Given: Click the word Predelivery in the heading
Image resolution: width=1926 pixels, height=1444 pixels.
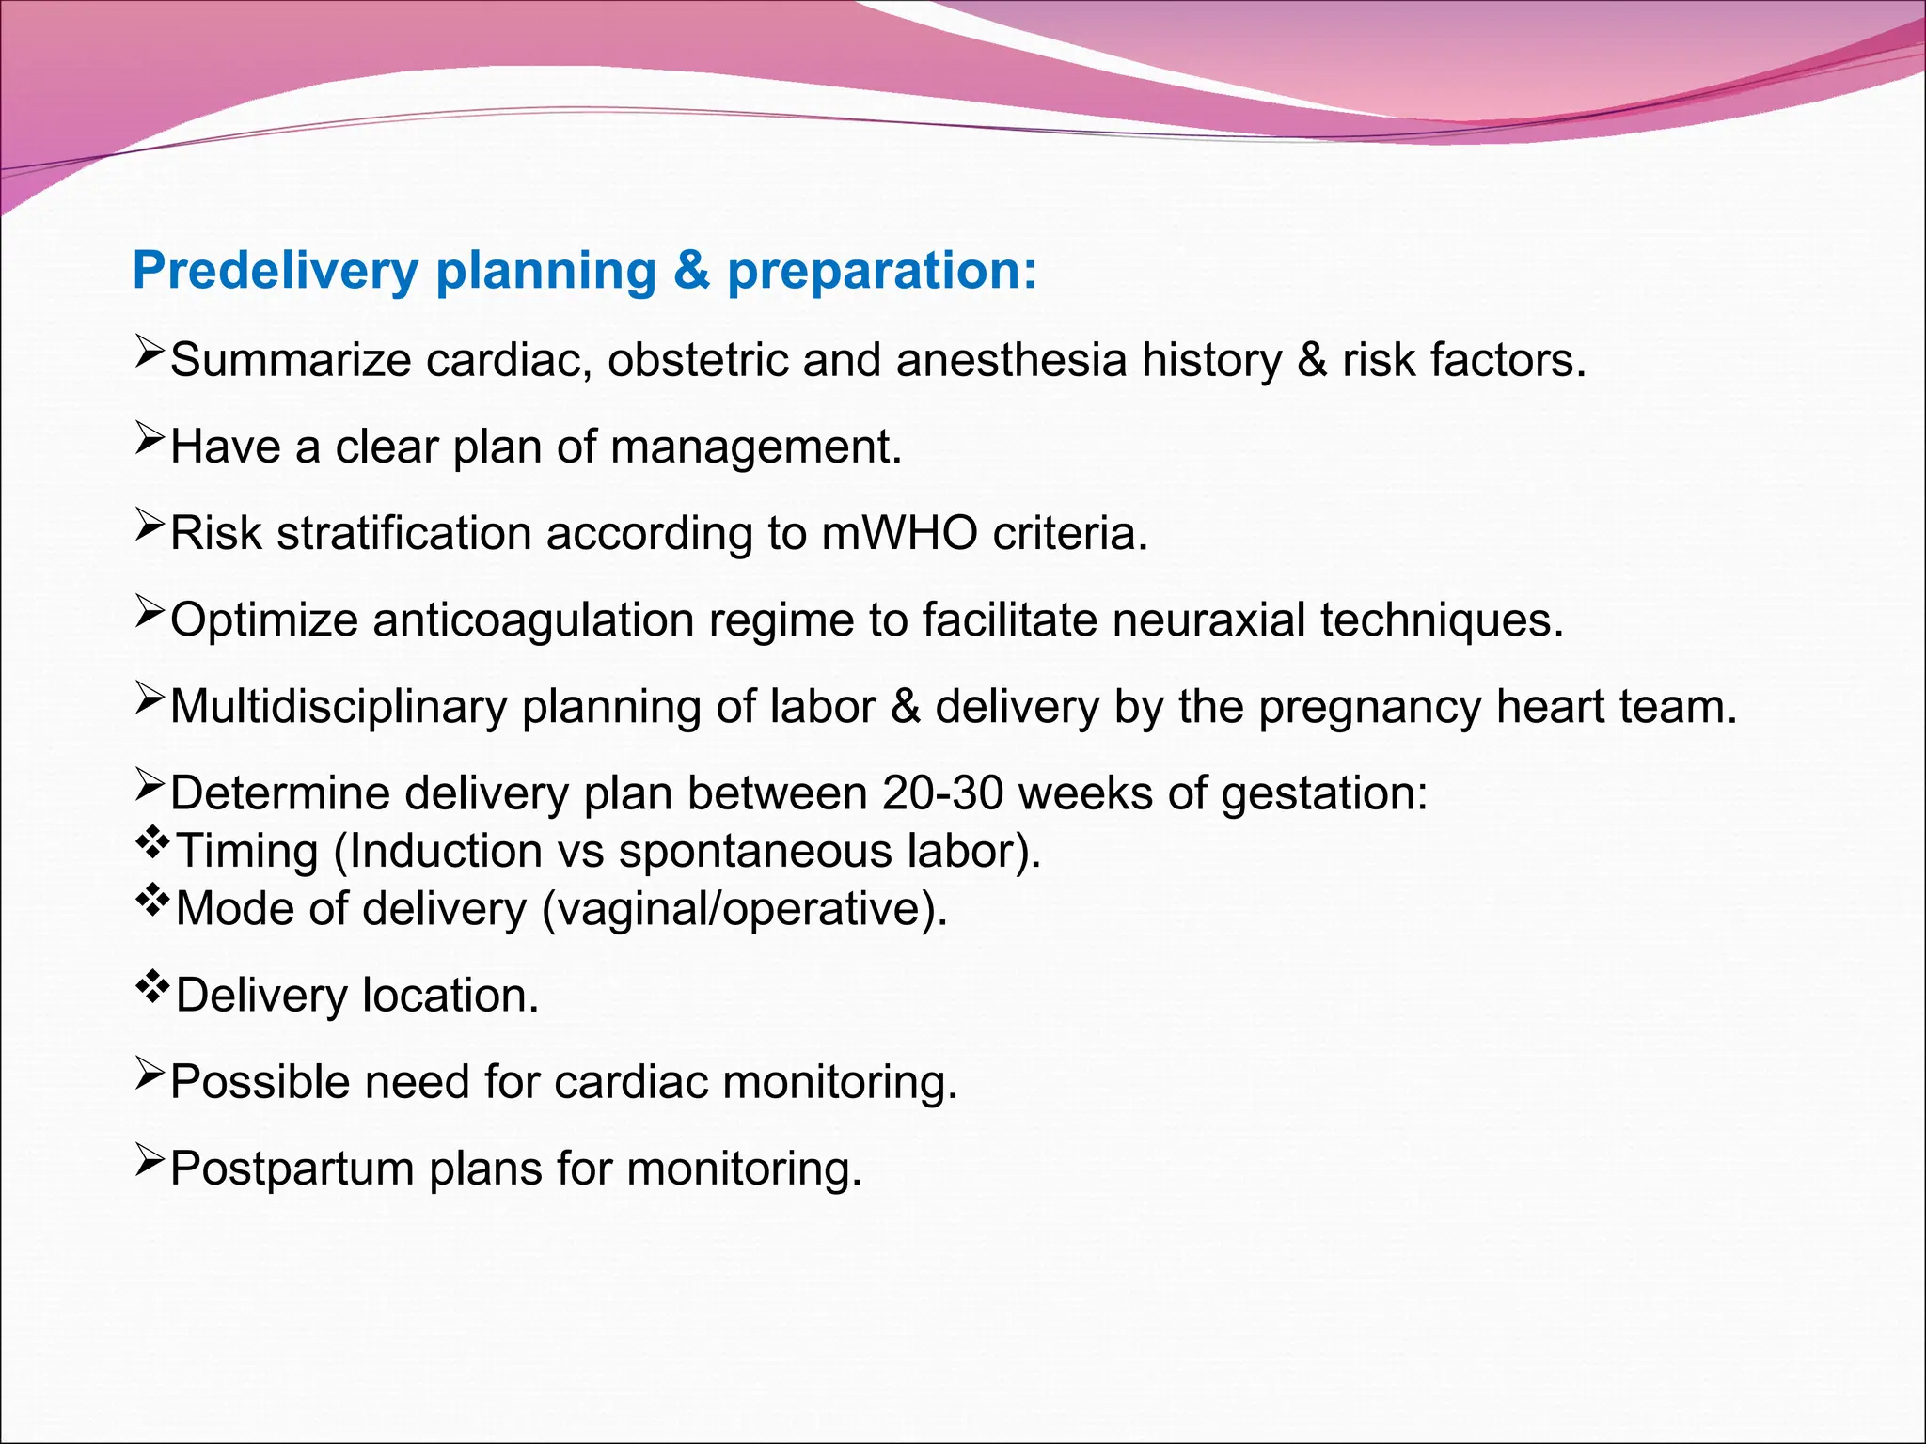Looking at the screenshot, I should tap(275, 272).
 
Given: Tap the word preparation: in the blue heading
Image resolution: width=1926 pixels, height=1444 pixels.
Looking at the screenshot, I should tap(881, 272).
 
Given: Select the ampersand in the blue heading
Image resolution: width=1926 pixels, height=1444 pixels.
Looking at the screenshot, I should tap(691, 271).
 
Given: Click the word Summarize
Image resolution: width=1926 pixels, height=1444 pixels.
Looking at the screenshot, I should tap(291, 361).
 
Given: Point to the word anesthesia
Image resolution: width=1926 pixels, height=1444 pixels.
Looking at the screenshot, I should tap(1011, 361).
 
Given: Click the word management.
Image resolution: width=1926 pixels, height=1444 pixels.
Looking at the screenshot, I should tap(755, 447).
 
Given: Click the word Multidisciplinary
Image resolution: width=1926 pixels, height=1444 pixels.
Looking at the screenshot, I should tap(339, 707).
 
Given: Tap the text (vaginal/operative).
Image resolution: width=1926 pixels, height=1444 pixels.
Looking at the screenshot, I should tap(745, 910).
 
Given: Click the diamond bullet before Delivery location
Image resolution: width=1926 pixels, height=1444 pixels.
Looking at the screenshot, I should tap(150, 987).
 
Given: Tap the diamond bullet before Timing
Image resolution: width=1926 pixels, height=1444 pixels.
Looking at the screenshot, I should tap(150, 842).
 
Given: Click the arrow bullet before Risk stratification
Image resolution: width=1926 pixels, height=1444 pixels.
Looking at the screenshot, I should tap(150, 525).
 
